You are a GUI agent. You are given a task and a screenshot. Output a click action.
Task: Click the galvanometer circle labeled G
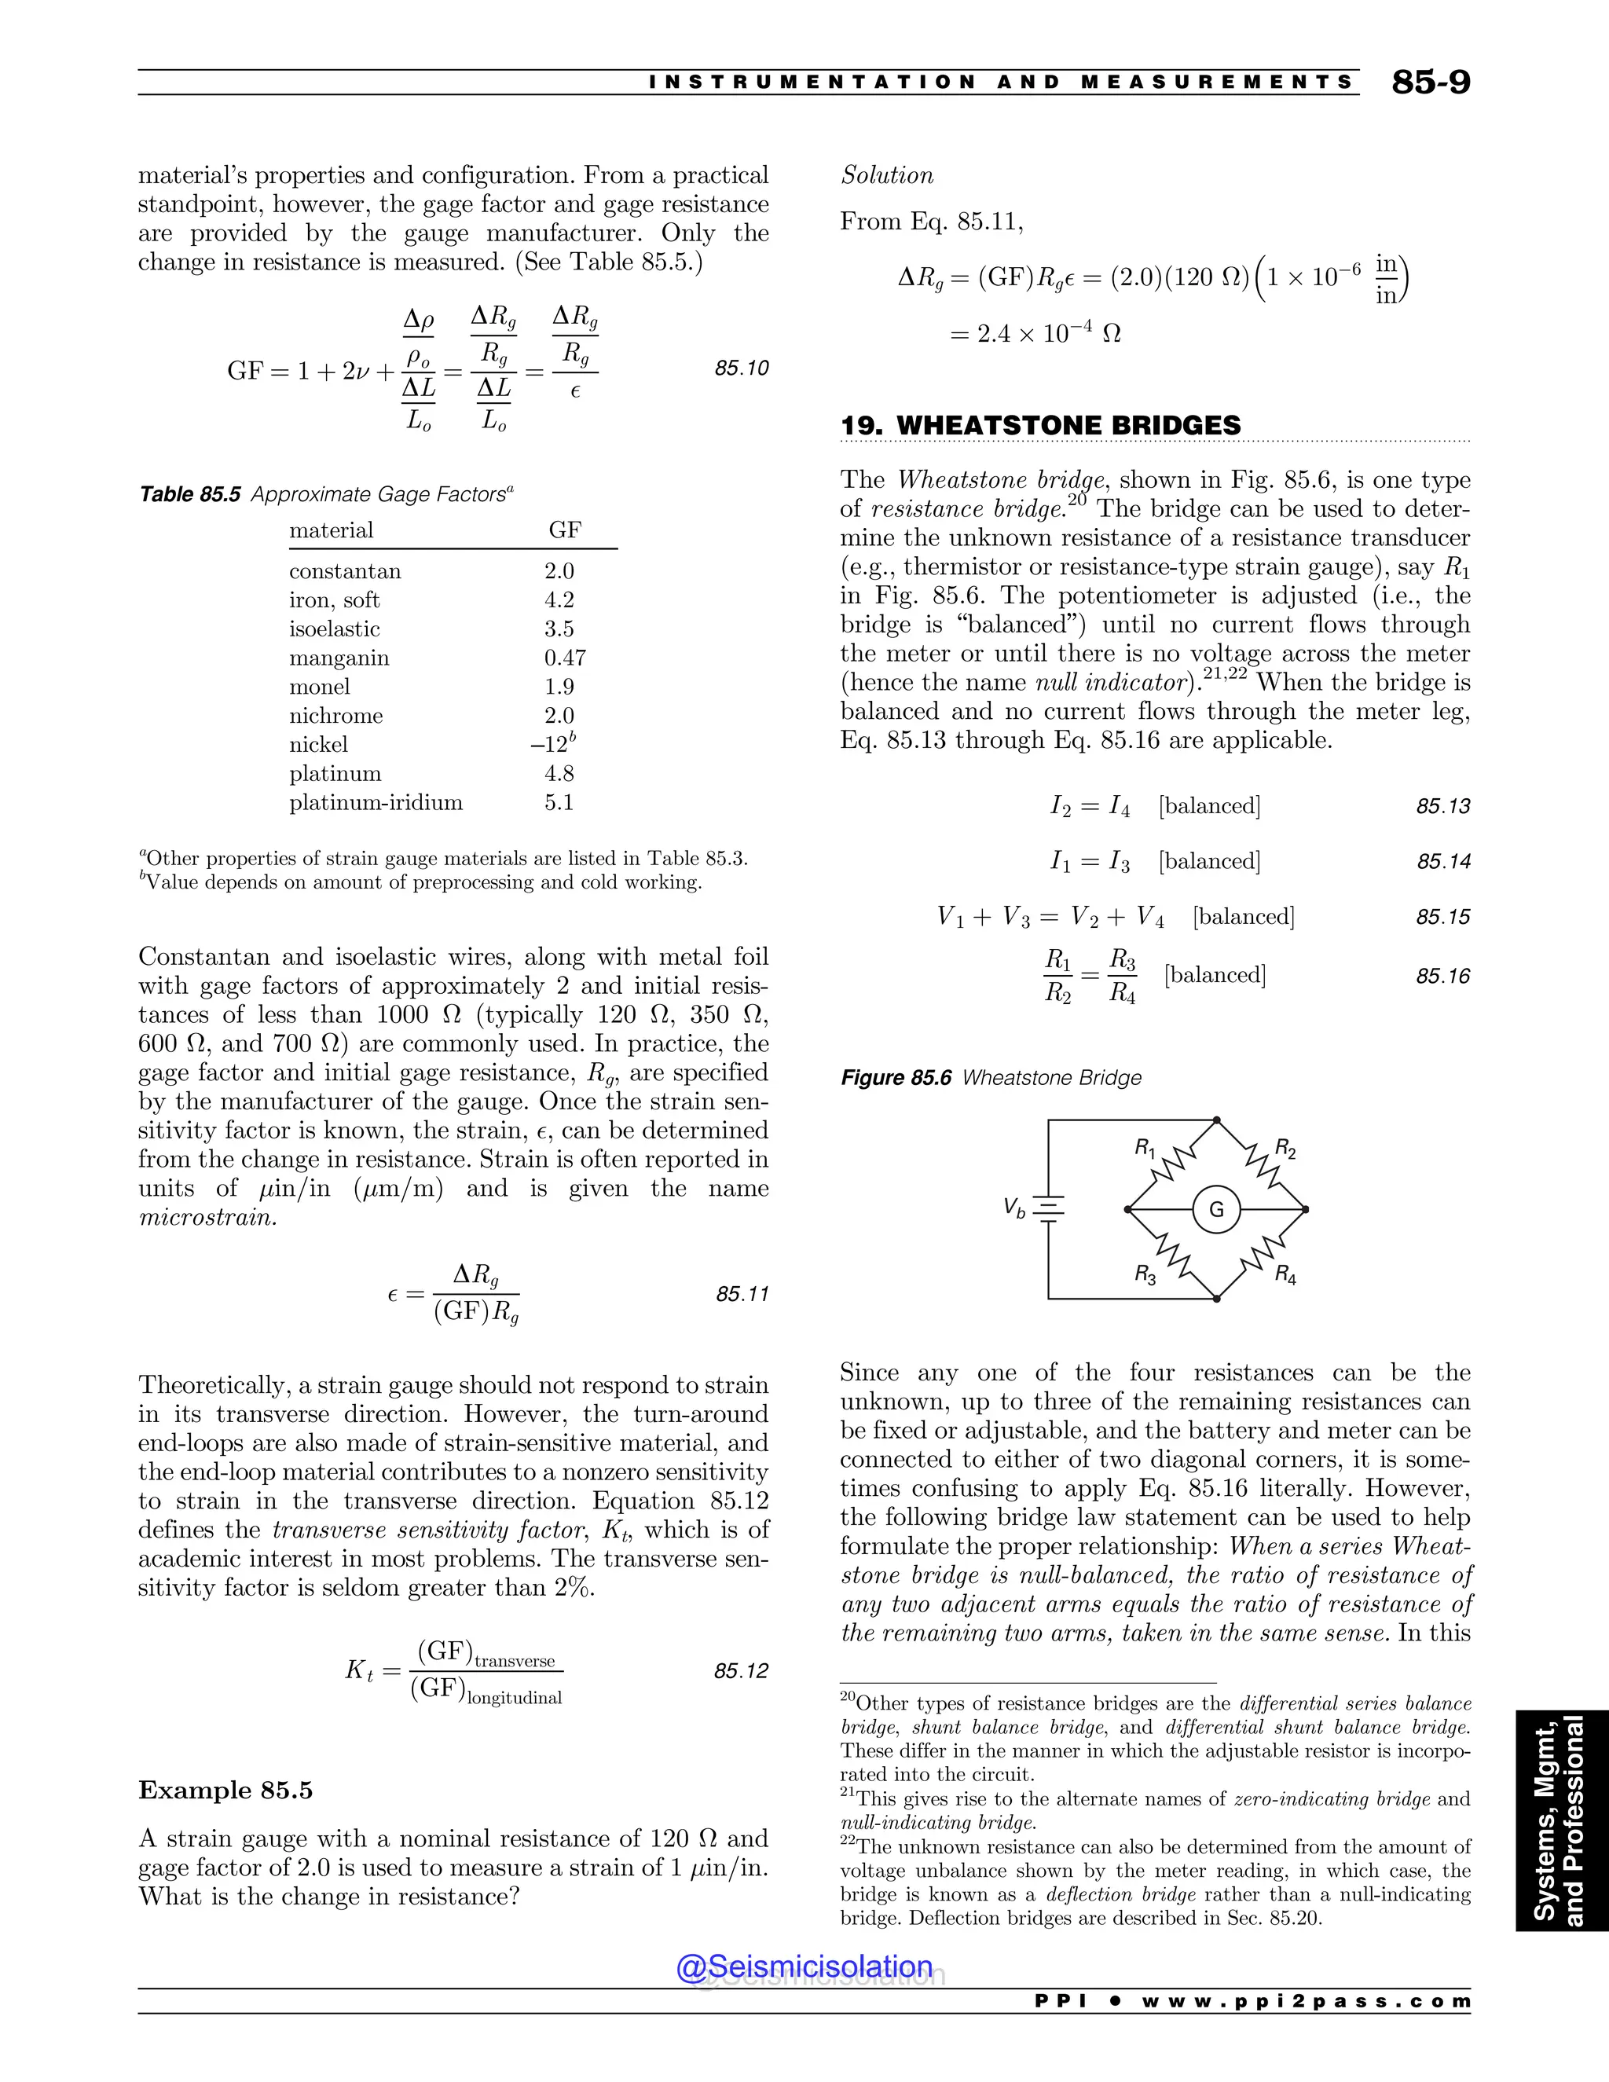pos(1216,1210)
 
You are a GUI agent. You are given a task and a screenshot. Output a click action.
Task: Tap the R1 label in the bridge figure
pos(1144,1148)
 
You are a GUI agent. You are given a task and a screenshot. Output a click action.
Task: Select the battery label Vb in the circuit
pos(1014,1208)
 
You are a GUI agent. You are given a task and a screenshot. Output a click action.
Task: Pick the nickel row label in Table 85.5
pos(318,745)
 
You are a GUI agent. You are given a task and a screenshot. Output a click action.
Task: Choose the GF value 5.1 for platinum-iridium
pos(559,803)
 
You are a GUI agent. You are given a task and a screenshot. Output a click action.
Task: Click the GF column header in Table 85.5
pos(564,530)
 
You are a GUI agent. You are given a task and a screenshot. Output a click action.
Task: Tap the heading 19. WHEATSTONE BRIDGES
pos(1040,425)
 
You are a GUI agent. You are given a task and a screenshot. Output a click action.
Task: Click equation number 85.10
pos(742,368)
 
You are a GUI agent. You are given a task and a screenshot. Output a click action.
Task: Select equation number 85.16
pos(1442,975)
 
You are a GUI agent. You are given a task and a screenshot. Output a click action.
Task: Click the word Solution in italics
pos(886,175)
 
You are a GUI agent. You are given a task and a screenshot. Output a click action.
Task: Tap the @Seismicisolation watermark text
pos(804,1967)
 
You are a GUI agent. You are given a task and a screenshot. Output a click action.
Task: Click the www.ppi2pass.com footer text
pos(1305,2002)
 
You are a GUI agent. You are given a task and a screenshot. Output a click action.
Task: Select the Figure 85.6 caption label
pos(896,1078)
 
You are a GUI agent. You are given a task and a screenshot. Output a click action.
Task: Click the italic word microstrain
pos(207,1217)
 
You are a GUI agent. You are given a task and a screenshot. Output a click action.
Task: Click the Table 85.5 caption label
pos(189,494)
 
